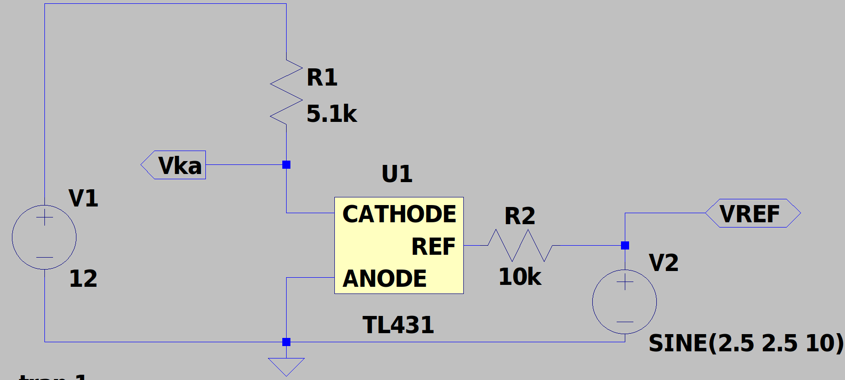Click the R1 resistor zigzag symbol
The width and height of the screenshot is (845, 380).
point(286,92)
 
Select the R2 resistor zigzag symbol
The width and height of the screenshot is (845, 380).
point(520,245)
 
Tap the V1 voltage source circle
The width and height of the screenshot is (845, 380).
point(44,237)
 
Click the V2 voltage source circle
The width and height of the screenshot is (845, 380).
point(624,302)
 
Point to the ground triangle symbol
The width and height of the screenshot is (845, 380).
point(286,366)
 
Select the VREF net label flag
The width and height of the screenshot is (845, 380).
point(752,213)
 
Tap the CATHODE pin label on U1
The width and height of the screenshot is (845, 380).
point(399,214)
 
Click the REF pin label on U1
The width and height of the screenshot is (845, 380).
point(433,247)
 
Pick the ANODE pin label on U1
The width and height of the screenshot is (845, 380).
point(385,278)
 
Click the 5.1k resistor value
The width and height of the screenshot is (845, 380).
point(332,114)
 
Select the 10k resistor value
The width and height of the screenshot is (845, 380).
point(520,277)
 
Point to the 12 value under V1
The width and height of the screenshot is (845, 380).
point(83,278)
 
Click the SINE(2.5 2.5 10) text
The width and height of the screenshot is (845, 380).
point(746,343)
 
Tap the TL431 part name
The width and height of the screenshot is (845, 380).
point(398,325)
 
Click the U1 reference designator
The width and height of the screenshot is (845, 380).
point(397,174)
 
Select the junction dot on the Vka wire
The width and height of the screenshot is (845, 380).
point(286,165)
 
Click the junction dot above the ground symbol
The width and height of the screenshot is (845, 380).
point(286,342)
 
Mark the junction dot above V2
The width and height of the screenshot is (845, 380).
point(625,245)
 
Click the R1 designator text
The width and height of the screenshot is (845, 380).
point(322,77)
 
